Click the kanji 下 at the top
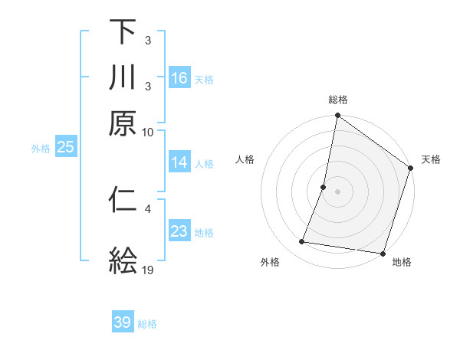[123, 33]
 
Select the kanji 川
[123, 77]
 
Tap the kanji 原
[123, 123]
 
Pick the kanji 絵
[123, 260]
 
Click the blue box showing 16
[179, 78]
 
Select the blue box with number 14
[179, 162]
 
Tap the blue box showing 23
[179, 231]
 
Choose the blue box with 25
[65, 147]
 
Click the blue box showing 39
[123, 322]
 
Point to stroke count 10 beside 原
[148, 132]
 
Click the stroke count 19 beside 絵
[148, 270]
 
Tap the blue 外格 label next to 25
[41, 148]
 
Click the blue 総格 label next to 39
[147, 323]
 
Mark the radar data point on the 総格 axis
[337, 116]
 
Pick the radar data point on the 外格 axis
[302, 242]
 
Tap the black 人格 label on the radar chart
[245, 159]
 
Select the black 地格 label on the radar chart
[402, 262]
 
